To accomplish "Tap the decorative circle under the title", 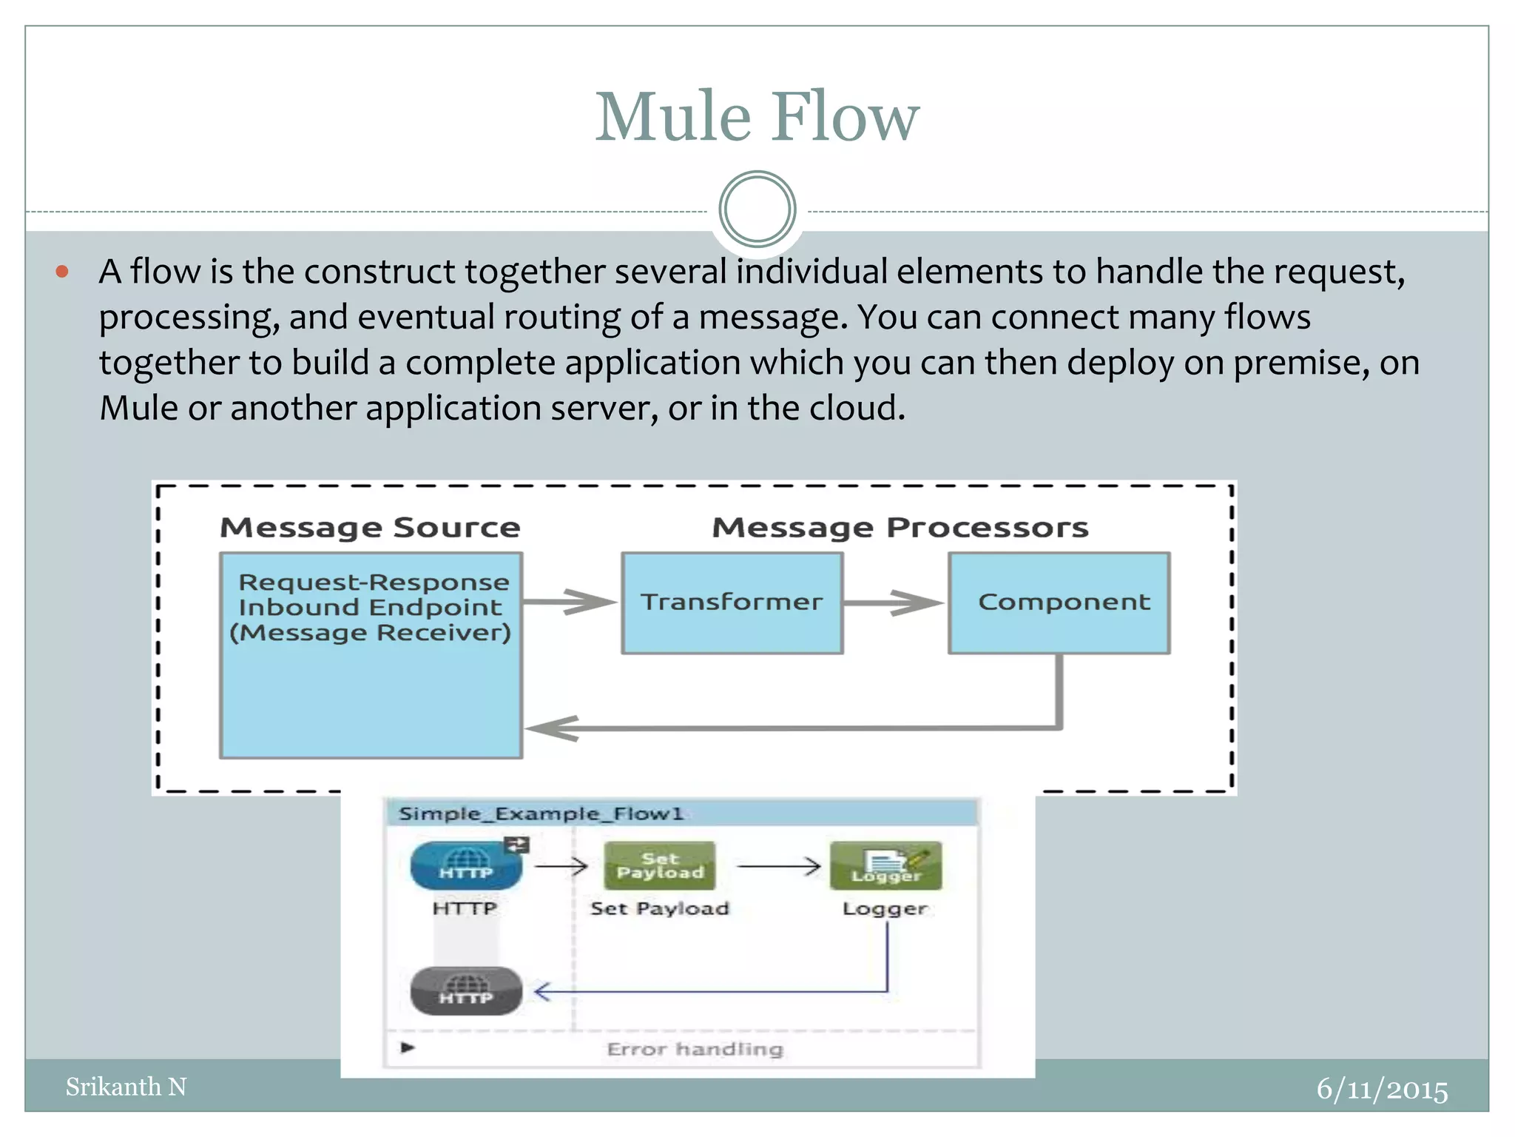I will click(x=757, y=209).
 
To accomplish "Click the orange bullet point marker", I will click(x=62, y=272).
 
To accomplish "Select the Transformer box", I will click(x=732, y=603).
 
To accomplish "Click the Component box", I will click(x=1059, y=603).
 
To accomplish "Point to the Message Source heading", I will click(x=370, y=528).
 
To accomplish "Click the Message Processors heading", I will click(x=900, y=528).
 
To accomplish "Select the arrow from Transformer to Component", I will click(x=894, y=603).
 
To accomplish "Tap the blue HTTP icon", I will click(x=466, y=865).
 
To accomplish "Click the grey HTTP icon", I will click(x=466, y=990).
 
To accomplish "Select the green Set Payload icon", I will click(x=660, y=865).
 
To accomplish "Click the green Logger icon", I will click(x=885, y=865).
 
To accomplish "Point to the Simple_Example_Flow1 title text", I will click(x=540, y=814).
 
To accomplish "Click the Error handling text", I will click(x=695, y=1049).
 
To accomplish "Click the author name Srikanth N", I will click(x=126, y=1087).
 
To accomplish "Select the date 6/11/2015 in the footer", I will click(x=1381, y=1090).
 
